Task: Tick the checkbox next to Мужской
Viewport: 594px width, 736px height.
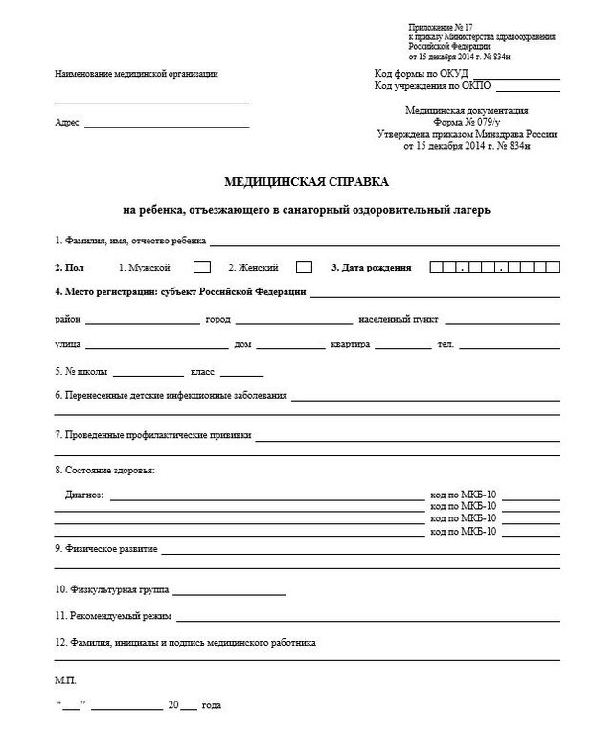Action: [202, 267]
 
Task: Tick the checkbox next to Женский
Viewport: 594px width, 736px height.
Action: [304, 267]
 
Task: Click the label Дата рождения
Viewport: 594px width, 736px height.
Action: [377, 268]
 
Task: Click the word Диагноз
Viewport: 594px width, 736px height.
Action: [86, 495]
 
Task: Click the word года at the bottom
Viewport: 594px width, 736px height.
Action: [212, 705]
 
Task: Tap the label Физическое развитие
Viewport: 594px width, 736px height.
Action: [105, 549]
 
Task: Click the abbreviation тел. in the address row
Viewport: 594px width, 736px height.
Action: [445, 344]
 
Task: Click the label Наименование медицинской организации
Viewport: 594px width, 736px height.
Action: [136, 74]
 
